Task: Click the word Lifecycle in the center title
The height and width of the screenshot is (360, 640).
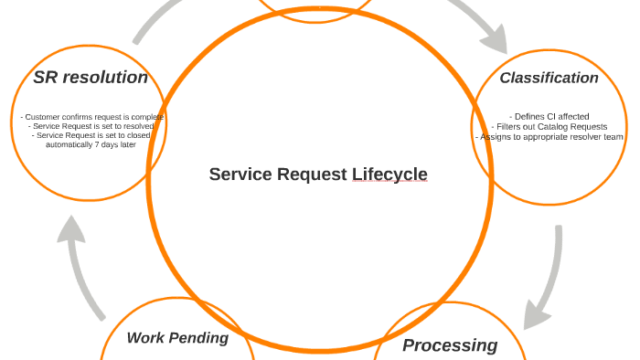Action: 389,175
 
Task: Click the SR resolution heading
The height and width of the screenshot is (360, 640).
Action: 91,78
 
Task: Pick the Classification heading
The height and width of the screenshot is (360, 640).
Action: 549,78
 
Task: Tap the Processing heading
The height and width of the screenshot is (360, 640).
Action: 450,345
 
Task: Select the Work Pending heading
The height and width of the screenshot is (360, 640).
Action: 177,338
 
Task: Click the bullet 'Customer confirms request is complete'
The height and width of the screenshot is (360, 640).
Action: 91,117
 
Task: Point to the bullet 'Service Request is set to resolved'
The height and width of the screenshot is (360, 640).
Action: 91,126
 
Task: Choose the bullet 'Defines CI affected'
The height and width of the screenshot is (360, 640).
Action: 549,117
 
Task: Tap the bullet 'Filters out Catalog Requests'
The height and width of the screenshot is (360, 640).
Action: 551,127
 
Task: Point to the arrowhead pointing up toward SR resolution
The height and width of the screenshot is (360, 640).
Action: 71,230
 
